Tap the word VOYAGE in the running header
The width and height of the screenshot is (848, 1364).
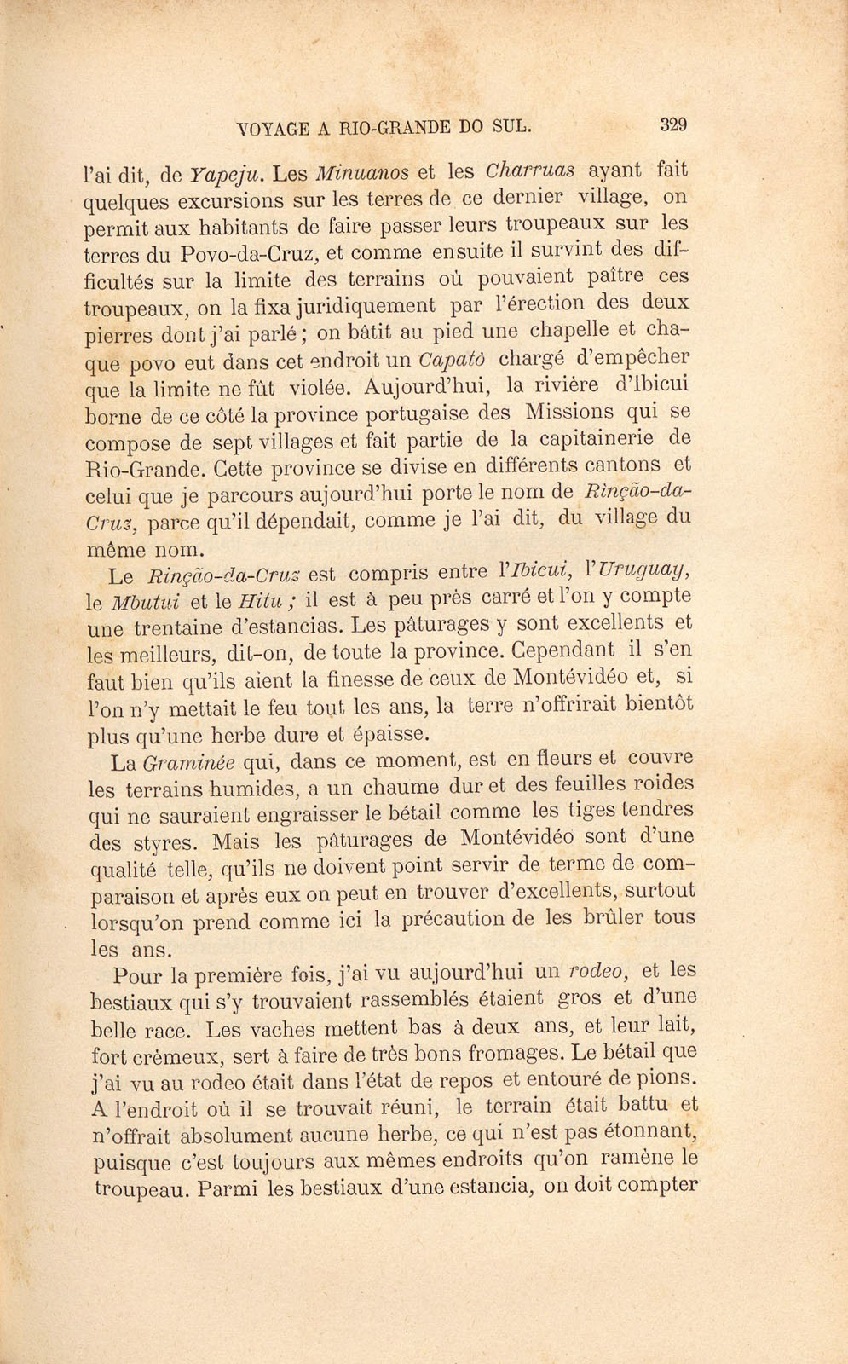click(272, 129)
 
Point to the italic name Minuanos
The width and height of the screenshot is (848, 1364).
click(362, 173)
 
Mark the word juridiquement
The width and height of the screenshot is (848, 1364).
click(369, 305)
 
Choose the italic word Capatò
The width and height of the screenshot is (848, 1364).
click(453, 358)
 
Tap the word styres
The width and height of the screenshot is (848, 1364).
click(166, 842)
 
